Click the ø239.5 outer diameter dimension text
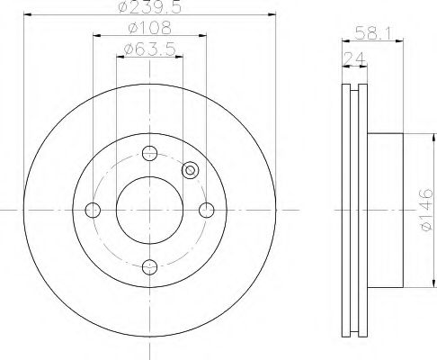[150, 6]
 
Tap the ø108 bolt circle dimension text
[150, 28]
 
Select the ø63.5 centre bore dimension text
[150, 49]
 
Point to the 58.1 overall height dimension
[373, 33]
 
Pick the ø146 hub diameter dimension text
[426, 210]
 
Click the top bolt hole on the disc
[149, 153]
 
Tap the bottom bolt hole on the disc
[149, 266]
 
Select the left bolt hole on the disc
[93, 210]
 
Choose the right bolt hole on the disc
[207, 210]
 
